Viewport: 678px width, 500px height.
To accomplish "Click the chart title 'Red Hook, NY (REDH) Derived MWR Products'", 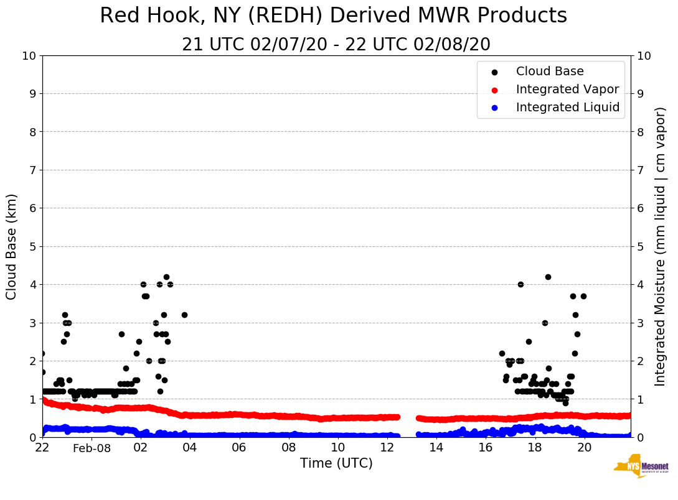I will click(333, 16).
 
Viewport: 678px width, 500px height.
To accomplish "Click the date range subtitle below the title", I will click(336, 45).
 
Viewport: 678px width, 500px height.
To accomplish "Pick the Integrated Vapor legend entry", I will click(567, 90).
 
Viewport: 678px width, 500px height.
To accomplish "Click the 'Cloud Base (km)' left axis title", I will click(12, 246).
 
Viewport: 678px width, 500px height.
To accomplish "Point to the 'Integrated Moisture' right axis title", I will click(660, 246).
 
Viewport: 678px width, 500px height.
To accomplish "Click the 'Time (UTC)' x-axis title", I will click(336, 463).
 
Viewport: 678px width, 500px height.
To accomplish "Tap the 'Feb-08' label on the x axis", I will click(92, 448).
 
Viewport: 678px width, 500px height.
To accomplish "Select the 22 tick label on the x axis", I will click(42, 447).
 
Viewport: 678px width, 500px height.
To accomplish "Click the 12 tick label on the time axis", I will click(387, 447).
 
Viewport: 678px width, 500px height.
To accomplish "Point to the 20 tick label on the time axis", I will click(584, 447).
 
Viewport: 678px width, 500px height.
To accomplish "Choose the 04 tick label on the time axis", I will click(190, 447).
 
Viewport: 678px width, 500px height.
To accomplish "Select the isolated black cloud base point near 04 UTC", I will click(184, 315).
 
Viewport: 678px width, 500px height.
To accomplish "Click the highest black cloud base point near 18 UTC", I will click(548, 277).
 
